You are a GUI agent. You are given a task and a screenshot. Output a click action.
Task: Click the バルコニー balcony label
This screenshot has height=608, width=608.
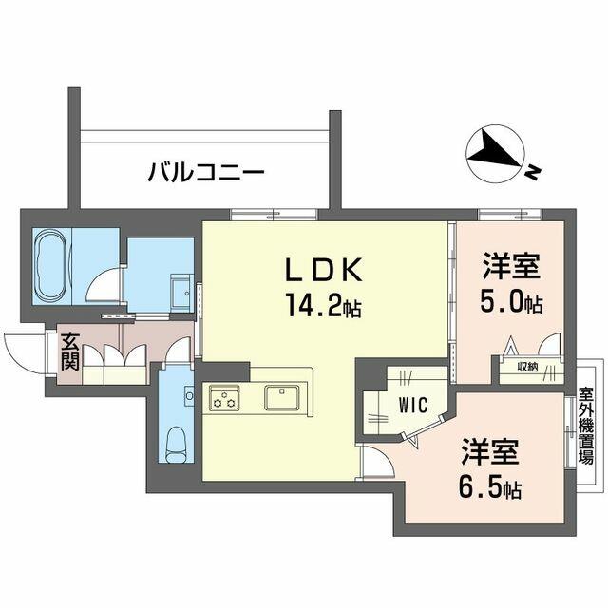(x=206, y=173)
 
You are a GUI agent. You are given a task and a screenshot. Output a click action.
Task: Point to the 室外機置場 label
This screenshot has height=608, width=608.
(x=586, y=424)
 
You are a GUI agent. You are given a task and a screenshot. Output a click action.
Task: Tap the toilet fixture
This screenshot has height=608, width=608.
(x=175, y=442)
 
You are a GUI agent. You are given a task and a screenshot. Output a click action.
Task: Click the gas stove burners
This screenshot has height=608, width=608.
(x=225, y=397)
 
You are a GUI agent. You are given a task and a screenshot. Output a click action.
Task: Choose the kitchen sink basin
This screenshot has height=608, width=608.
(x=282, y=396)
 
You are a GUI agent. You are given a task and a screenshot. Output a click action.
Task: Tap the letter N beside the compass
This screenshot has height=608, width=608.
(x=534, y=172)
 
